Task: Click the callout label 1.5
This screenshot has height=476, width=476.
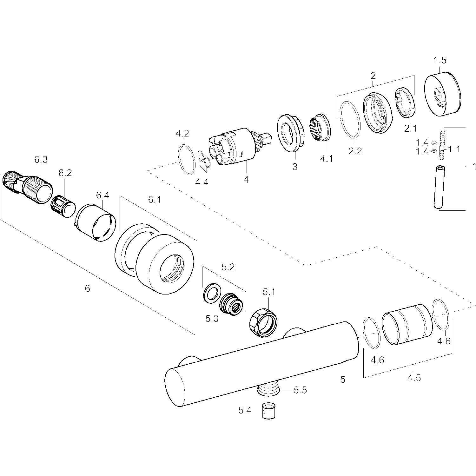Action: coord(440,60)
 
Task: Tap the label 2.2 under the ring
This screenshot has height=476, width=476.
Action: coord(355,151)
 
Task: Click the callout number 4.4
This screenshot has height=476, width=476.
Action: coord(202,182)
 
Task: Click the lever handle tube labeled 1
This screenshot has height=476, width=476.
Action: coord(440,187)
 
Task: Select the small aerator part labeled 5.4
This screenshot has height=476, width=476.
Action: coord(268,411)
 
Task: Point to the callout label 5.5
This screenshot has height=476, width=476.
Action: coord(300,390)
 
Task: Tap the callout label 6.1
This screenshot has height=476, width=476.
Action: coord(155,200)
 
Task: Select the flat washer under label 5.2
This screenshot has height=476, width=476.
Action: coord(210,292)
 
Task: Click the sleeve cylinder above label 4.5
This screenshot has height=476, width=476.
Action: coord(407,324)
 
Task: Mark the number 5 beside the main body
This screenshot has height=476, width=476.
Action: coord(342,379)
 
